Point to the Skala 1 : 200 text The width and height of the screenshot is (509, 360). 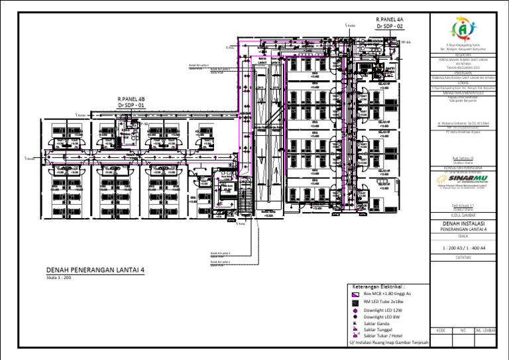tap(58, 278)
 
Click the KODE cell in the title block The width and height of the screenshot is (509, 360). tap(440, 330)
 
